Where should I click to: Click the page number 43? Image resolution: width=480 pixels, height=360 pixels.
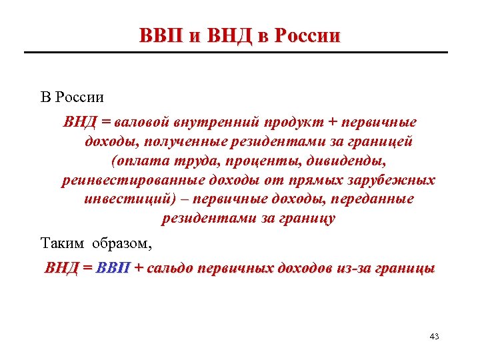coord(435,336)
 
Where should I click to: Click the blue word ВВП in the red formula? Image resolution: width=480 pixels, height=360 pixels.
coord(114,269)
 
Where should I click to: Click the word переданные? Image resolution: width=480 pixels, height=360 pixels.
coord(373,200)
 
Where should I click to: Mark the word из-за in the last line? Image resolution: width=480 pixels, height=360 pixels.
coord(352,269)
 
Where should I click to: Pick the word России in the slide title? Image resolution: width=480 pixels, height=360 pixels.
coord(307,35)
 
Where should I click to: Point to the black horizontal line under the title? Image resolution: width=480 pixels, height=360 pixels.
coord(240,52)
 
